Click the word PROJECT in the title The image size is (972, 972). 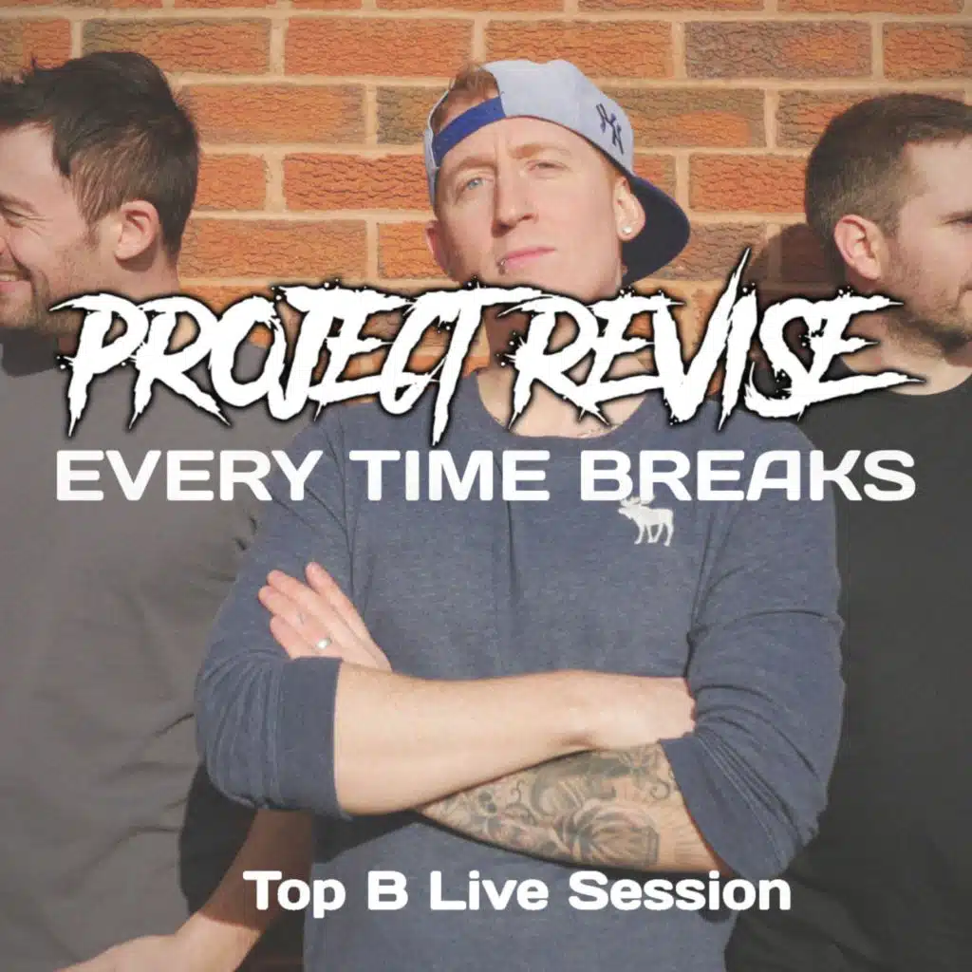pyautogui.click(x=272, y=357)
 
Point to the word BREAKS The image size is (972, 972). pyautogui.click(x=747, y=476)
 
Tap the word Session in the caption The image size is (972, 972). pyautogui.click(x=679, y=890)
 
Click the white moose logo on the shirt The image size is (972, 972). pyautogui.click(x=645, y=521)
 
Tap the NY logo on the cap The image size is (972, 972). pyautogui.click(x=610, y=128)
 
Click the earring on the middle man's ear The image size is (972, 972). pyautogui.click(x=626, y=231)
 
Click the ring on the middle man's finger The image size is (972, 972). pyautogui.click(x=323, y=643)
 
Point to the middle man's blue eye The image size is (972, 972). pyautogui.click(x=476, y=184)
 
